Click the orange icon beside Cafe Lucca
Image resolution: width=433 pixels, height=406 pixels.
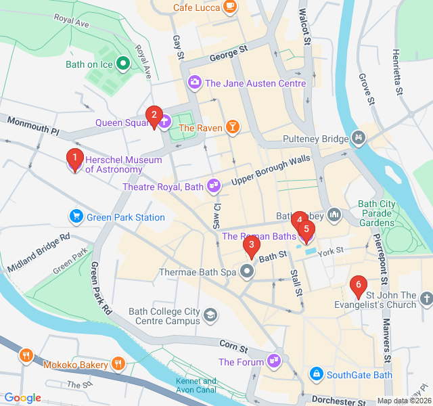tap(230, 6)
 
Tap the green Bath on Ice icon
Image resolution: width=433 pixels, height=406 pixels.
tap(123, 64)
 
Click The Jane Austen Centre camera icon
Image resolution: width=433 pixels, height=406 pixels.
tap(195, 83)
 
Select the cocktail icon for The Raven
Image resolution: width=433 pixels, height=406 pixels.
tap(233, 127)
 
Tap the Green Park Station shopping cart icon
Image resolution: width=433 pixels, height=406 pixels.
tap(76, 217)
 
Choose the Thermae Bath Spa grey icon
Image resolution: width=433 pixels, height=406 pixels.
tap(247, 272)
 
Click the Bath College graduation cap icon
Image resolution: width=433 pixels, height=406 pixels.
tap(211, 315)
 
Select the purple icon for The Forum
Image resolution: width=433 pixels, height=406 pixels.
tap(274, 361)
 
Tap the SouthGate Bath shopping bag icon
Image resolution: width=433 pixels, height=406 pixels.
tap(315, 374)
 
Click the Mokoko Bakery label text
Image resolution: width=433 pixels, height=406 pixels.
tap(75, 365)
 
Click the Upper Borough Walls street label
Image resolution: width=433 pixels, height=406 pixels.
tap(271, 170)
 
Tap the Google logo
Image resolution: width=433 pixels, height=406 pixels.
tap(22, 398)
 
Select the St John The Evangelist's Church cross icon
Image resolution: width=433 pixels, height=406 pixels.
tap(426, 298)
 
